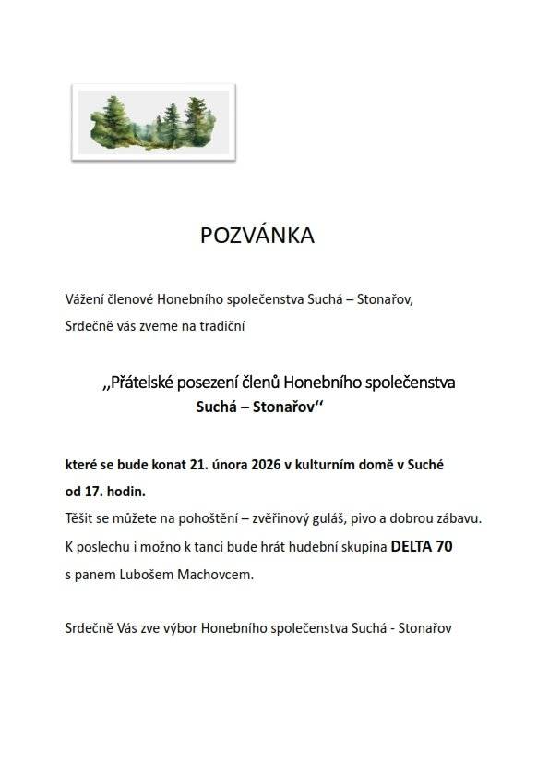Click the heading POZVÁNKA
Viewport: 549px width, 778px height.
tap(257, 236)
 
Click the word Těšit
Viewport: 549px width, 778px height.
tap(81, 518)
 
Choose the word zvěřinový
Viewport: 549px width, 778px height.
tap(302, 518)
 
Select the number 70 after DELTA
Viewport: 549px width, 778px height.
tap(444, 546)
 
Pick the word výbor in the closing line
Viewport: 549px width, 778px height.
tap(164, 627)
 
